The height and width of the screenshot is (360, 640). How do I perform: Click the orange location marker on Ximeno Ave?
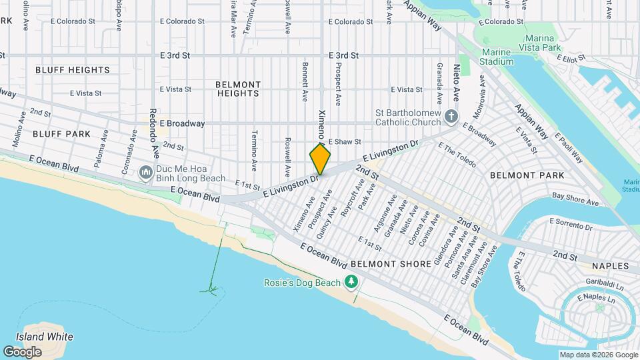320,159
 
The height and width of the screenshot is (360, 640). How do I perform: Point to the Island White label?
45,337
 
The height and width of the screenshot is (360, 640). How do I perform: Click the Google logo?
22,351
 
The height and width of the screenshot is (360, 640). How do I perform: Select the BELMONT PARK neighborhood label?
527,175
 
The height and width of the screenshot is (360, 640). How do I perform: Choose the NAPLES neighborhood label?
609,266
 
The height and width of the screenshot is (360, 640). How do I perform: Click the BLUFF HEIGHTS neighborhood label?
72,70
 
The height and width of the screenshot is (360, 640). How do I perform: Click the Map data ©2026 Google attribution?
598,355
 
